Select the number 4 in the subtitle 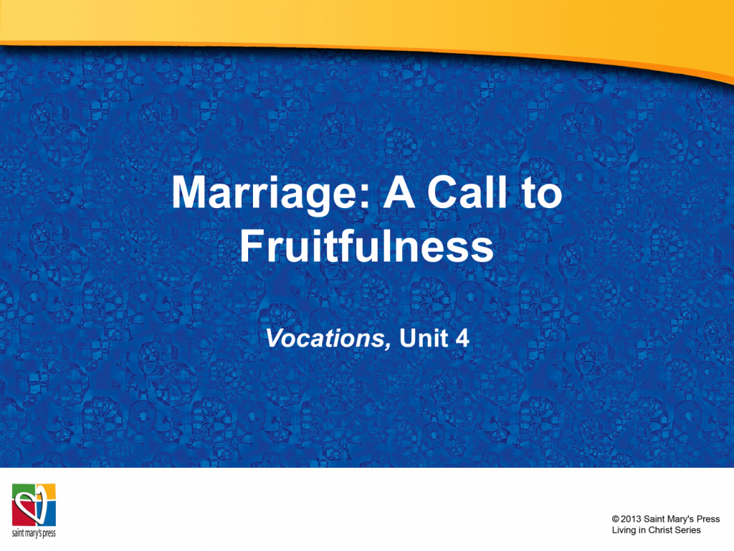coord(462,338)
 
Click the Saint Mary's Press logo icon coord(34,505)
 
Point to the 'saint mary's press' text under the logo coord(34,533)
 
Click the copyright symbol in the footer coord(615,519)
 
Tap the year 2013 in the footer coord(631,519)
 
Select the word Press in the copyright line coord(708,519)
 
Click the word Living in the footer coord(624,530)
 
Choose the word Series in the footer coord(689,530)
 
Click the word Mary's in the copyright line coord(680,519)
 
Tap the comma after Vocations coord(387,346)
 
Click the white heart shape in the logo coord(29,505)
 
